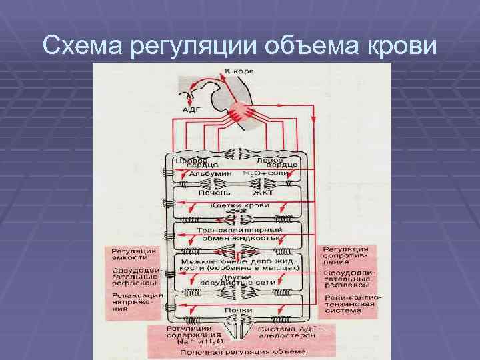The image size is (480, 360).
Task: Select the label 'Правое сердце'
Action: coord(190,163)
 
